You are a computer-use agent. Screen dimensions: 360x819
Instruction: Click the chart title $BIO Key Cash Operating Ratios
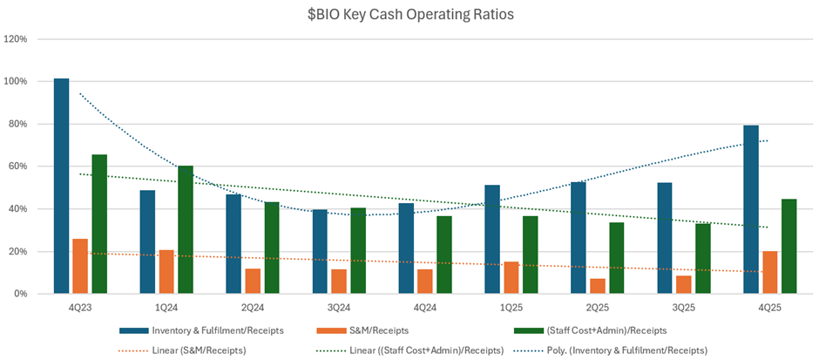[x=409, y=15]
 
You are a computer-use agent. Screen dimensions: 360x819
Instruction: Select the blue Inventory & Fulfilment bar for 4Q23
[x=61, y=187]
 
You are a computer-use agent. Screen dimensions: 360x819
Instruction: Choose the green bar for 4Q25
[x=789, y=246]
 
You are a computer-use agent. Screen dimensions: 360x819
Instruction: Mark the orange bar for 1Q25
[x=511, y=277]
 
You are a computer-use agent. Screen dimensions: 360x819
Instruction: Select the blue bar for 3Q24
[x=320, y=251]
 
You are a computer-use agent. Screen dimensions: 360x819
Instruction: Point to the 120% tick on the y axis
[x=16, y=39]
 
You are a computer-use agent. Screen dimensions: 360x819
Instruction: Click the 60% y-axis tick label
[x=17, y=166]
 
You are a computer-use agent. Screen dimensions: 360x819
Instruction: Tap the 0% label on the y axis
[x=20, y=294]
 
